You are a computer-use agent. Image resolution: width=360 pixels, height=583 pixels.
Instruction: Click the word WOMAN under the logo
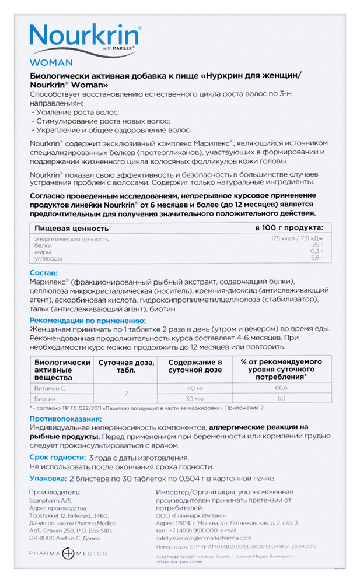click(51, 62)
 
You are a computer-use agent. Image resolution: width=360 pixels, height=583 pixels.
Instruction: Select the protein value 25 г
click(317, 245)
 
